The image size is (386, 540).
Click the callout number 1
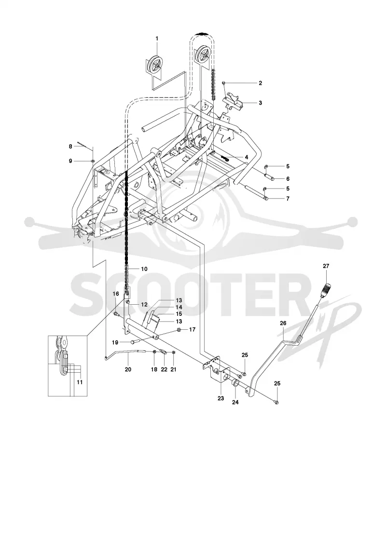click(157, 38)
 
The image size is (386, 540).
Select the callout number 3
click(260, 103)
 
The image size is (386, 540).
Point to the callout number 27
click(326, 266)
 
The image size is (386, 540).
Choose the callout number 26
click(283, 323)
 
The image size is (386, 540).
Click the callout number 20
click(128, 369)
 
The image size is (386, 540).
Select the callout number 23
click(221, 398)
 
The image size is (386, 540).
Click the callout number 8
click(70, 147)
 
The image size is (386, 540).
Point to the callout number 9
click(70, 161)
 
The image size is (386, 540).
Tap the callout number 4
click(247, 157)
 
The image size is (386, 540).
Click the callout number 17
click(193, 330)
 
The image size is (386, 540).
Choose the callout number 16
click(116, 294)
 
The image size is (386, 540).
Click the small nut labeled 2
click(224, 83)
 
